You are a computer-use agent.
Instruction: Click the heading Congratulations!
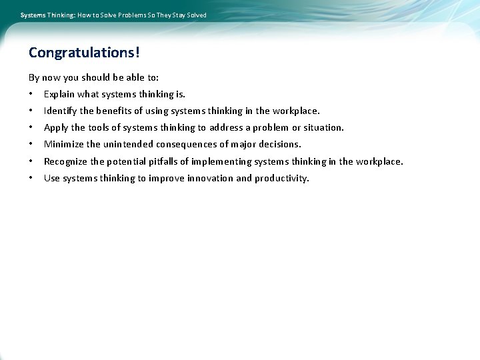pyautogui.click(x=84, y=52)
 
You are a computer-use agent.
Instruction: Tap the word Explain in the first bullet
pyautogui.click(x=59, y=94)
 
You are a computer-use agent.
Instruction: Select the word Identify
pyautogui.click(x=61, y=111)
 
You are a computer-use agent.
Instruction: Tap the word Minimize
pyautogui.click(x=64, y=144)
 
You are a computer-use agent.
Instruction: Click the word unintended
pyautogui.click(x=128, y=144)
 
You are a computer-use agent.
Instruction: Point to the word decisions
pyautogui.click(x=279, y=144)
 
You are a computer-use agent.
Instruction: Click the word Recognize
pyautogui.click(x=65, y=161)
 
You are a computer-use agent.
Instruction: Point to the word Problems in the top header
pyautogui.click(x=130, y=15)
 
